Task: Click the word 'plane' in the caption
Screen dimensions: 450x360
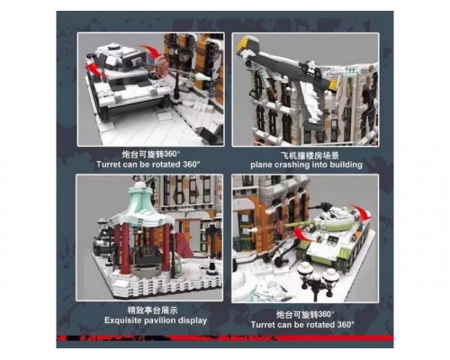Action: pos(261,165)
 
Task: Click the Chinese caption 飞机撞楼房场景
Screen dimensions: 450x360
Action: pos(306,156)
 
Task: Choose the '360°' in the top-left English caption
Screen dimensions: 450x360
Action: pos(191,165)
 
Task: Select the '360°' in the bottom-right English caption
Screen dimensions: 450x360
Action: pos(346,325)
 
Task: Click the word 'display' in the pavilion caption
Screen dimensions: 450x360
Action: pos(193,320)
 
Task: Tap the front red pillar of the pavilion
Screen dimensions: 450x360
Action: pos(125,248)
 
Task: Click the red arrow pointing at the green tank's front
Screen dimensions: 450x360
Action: pos(302,235)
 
